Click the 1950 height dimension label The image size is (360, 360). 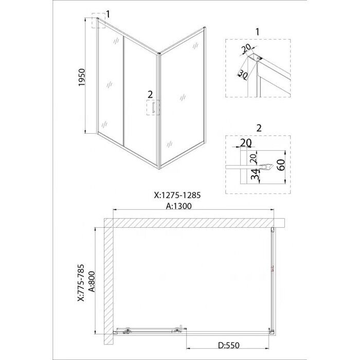82,77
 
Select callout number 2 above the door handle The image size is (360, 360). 150,94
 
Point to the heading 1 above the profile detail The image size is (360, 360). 257,32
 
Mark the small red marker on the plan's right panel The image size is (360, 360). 273,268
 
